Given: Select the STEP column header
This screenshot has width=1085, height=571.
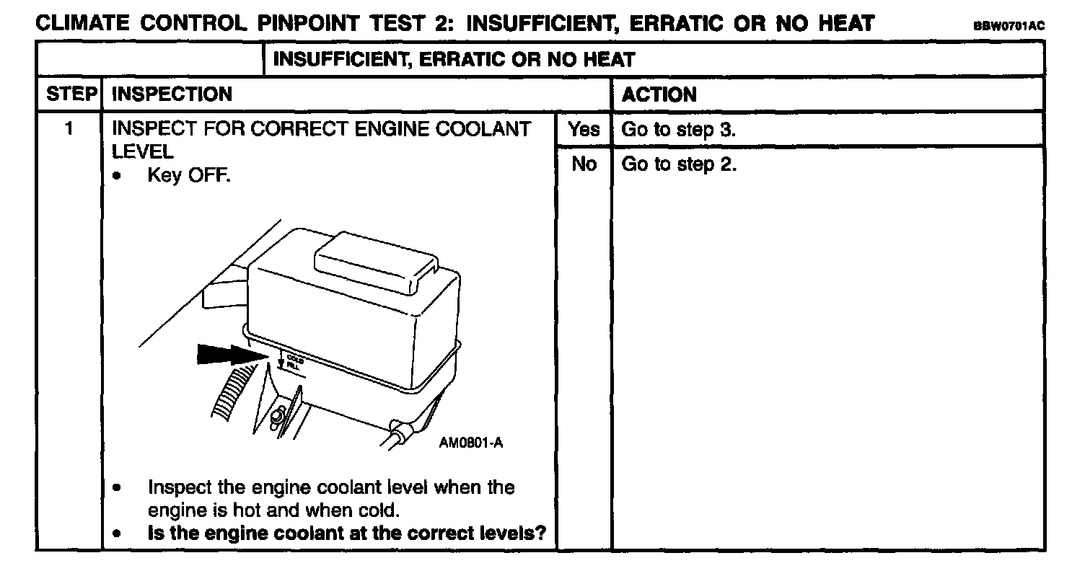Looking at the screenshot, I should pyautogui.click(x=70, y=94).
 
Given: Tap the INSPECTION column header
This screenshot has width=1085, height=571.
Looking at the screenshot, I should pyautogui.click(x=172, y=94).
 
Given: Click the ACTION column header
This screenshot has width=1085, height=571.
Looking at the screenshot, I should pyautogui.click(x=659, y=94).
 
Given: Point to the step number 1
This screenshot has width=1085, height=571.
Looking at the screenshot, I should pyautogui.click(x=69, y=130).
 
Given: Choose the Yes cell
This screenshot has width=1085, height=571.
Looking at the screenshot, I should pyautogui.click(x=584, y=130).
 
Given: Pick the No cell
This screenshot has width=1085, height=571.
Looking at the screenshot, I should pyautogui.click(x=584, y=164).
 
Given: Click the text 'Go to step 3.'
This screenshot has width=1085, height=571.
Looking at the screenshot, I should pyautogui.click(x=678, y=130).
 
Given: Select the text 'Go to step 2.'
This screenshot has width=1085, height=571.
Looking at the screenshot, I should pyautogui.click(x=678, y=164).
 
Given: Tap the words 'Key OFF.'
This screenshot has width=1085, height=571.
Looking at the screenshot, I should pyautogui.click(x=188, y=175).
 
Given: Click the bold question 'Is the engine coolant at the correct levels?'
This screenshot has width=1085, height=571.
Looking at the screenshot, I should pyautogui.click(x=346, y=534).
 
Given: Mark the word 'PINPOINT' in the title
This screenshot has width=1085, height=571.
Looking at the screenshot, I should pyautogui.click(x=311, y=23).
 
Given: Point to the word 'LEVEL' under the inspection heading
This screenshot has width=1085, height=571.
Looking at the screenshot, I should pyautogui.click(x=142, y=151).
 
